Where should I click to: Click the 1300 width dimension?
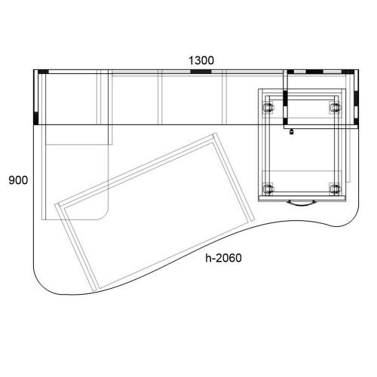coord(201,60)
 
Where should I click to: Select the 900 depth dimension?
coord(18,180)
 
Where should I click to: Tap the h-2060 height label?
coord(223,258)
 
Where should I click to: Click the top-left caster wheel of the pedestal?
coord(268,108)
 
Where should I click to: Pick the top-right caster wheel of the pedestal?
coord(335,108)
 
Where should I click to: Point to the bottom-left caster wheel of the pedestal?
coord(268,188)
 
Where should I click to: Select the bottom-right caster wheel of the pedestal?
coord(335,188)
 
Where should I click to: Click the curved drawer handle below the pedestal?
coord(302,204)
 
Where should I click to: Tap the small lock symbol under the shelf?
coord(292,132)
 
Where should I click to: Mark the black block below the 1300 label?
coord(201,72)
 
